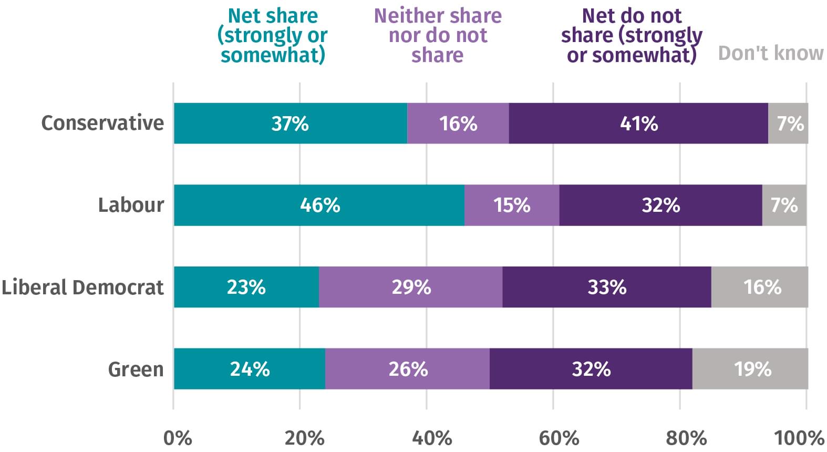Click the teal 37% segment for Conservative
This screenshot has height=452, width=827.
(290, 124)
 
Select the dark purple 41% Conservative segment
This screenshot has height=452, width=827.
(638, 124)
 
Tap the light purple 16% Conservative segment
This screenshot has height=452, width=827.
(458, 124)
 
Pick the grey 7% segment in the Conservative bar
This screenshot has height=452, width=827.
(788, 124)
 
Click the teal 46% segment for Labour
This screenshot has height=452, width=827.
(319, 205)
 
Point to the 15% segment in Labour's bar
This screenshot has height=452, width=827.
(512, 205)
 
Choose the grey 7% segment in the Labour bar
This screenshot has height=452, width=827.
(784, 205)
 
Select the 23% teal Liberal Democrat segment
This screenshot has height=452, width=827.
(246, 287)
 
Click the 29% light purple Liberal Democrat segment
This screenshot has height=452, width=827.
(411, 287)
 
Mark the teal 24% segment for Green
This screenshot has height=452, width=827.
(250, 369)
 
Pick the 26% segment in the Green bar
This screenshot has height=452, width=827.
(408, 369)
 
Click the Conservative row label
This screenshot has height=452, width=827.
(102, 123)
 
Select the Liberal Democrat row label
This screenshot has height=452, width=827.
(82, 287)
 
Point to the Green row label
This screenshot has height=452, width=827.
(136, 369)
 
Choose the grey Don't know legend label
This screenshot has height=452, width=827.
(771, 53)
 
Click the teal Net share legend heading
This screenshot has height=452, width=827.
(273, 35)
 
